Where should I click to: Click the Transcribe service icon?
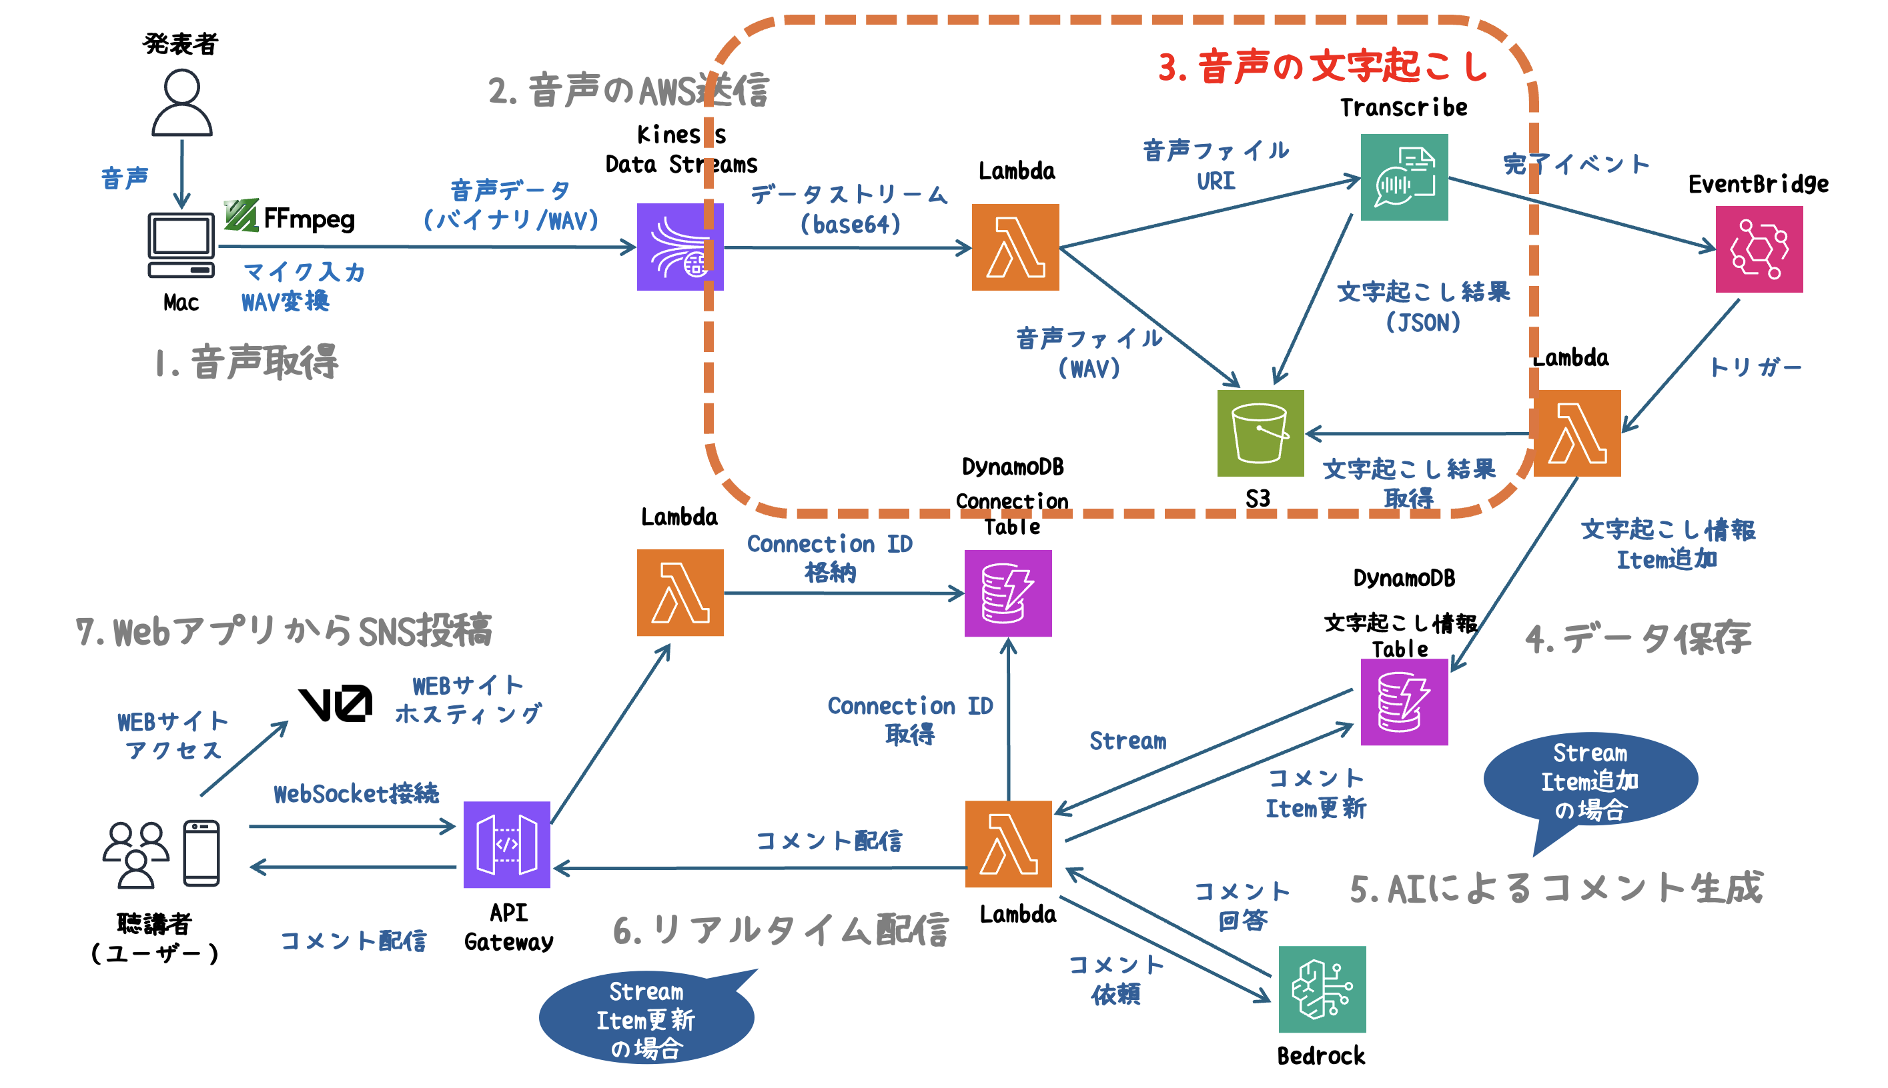[x=1404, y=177]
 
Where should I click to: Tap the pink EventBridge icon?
[x=1758, y=249]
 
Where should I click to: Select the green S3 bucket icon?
[x=1260, y=433]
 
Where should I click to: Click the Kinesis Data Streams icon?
[x=679, y=247]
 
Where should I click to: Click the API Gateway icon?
[x=506, y=845]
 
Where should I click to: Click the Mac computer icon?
[x=181, y=245]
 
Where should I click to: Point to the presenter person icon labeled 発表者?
[x=181, y=103]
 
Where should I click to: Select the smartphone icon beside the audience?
[x=201, y=853]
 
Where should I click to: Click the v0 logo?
[x=335, y=703]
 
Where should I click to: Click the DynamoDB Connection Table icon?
[x=1007, y=593]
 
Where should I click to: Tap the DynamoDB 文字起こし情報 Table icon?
[x=1404, y=702]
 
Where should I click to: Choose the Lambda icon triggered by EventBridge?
[x=1576, y=433]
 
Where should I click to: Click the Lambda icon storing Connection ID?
[x=680, y=593]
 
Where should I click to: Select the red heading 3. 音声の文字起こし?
[x=1322, y=66]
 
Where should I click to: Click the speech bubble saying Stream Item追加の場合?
[x=1590, y=779]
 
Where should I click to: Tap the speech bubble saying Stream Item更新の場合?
[x=645, y=1019]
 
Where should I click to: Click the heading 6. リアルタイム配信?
[x=780, y=930]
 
